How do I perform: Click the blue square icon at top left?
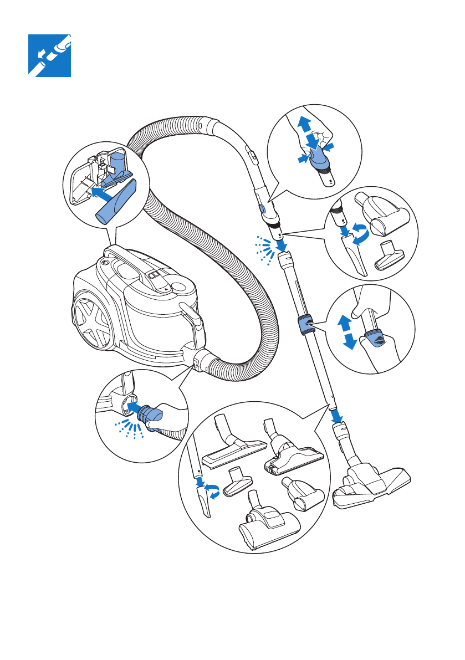49,55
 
